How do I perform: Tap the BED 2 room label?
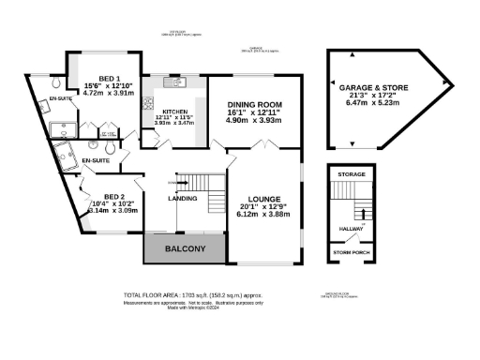tap(102, 196)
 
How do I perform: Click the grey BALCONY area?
tap(185, 248)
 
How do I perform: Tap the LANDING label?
tap(182, 199)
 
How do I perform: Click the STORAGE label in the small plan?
tap(352, 174)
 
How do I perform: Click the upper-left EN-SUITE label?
tap(61, 97)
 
